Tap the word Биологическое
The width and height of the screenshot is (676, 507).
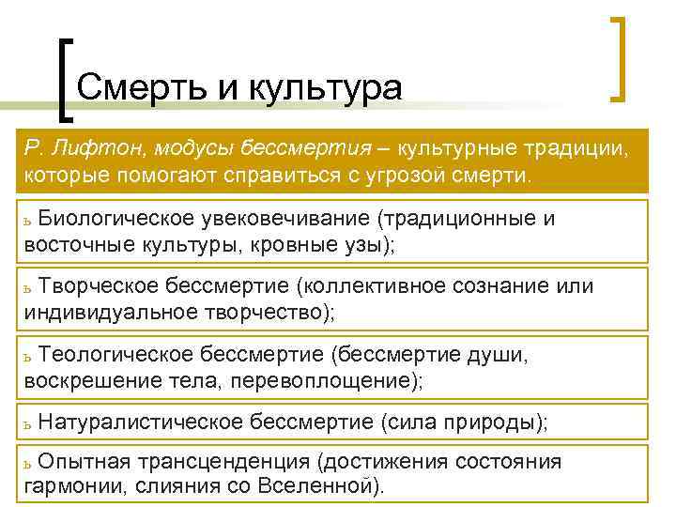click(116, 219)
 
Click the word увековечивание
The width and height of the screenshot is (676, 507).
click(284, 219)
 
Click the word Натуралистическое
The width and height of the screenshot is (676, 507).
click(142, 422)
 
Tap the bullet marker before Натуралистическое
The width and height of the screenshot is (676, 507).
click(29, 425)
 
